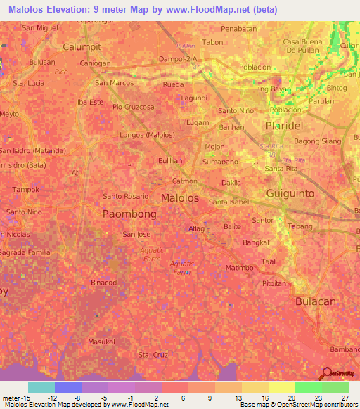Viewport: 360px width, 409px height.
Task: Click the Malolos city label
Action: (x=180, y=198)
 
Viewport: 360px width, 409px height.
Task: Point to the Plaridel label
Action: (x=283, y=125)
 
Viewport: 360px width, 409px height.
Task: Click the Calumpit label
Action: (x=82, y=46)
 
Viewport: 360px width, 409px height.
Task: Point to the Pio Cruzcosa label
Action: (x=133, y=107)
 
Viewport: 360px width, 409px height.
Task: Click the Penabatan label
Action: (x=238, y=28)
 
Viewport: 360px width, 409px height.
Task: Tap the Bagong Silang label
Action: (x=314, y=142)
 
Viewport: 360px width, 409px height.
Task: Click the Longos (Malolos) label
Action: (x=148, y=134)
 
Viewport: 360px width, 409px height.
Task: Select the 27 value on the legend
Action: (x=344, y=397)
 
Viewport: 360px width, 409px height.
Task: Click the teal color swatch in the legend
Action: (x=41, y=387)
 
